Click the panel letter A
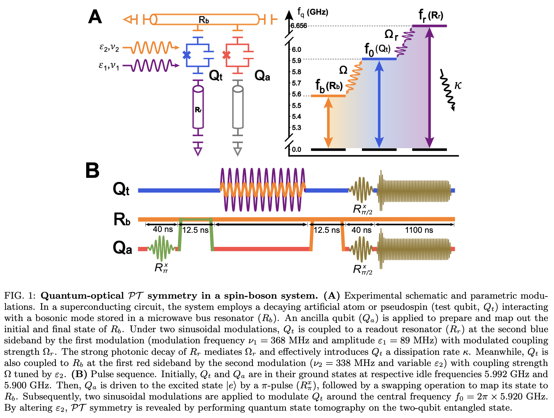tap(95, 17)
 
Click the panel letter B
tap(92, 170)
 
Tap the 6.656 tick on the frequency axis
tap(298, 26)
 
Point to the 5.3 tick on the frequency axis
tap(296, 128)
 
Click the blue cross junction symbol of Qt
tap(187, 55)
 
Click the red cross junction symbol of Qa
tap(226, 55)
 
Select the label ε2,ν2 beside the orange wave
tap(109, 47)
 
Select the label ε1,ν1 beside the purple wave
tap(109, 66)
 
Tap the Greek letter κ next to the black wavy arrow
tap(458, 86)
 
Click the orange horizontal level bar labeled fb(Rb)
tap(328, 96)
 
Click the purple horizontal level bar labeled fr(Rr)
tap(429, 26)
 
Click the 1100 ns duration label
tap(419, 230)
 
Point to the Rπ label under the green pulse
tap(161, 268)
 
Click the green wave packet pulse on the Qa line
tap(162, 248)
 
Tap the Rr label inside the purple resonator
tap(198, 110)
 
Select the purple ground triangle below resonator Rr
tap(198, 151)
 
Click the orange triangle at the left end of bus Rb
tap(128, 20)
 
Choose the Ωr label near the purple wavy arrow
tap(391, 35)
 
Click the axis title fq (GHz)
tap(313, 12)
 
